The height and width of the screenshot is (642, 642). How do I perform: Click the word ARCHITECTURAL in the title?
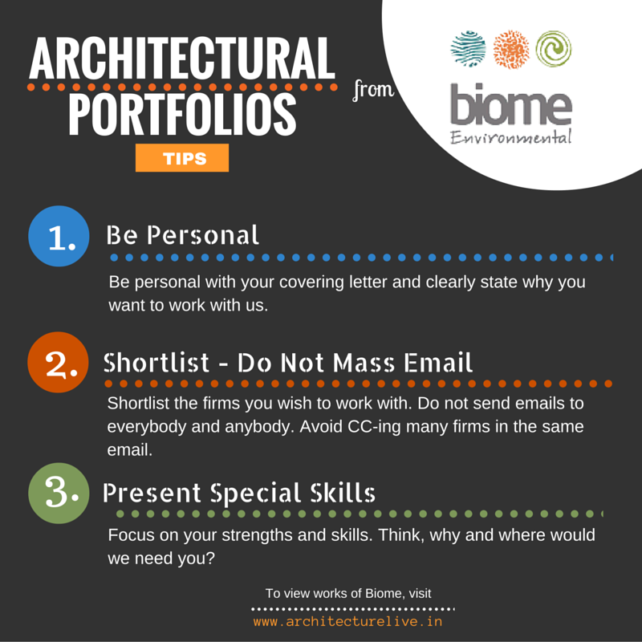(x=182, y=58)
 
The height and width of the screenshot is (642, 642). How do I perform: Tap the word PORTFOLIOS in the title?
(x=182, y=114)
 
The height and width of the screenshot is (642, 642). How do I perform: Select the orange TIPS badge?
(x=182, y=158)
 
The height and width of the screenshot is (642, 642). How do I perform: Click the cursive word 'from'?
(x=373, y=90)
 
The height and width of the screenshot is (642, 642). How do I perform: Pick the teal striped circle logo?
(x=469, y=49)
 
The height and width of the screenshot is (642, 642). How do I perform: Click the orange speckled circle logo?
(x=511, y=49)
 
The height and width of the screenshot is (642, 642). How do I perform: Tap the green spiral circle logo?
(x=554, y=49)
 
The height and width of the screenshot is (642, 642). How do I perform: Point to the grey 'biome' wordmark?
(x=511, y=104)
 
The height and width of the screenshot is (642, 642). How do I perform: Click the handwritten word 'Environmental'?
(x=510, y=136)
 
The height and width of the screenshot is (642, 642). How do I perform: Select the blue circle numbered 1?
(x=59, y=236)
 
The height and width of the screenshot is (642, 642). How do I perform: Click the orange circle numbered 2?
(x=58, y=363)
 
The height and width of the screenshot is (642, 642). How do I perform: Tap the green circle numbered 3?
(x=59, y=494)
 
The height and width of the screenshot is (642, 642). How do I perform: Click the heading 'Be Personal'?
(x=183, y=235)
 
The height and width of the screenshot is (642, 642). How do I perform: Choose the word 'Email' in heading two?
(x=438, y=363)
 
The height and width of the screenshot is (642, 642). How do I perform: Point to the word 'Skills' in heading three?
(x=343, y=492)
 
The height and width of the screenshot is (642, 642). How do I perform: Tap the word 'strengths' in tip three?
(x=258, y=535)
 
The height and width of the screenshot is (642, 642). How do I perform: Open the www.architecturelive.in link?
(x=348, y=621)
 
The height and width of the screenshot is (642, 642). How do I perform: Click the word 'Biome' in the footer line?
(x=384, y=593)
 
